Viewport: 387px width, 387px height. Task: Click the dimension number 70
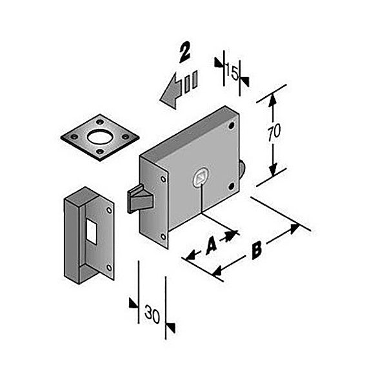274,133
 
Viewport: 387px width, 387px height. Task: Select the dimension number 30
152,314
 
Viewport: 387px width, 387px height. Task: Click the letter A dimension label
212,244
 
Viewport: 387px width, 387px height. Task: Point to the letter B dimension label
257,250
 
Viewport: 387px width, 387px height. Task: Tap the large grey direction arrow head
170,92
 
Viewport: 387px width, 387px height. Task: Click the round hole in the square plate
100,137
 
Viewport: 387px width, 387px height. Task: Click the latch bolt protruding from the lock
140,199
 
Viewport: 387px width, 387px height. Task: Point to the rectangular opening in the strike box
92,232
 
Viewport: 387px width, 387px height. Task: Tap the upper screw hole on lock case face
232,126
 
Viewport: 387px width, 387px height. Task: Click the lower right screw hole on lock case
232,186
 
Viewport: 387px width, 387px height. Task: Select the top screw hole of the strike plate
109,210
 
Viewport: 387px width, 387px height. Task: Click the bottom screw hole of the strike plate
109,268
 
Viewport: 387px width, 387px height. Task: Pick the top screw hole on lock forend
163,179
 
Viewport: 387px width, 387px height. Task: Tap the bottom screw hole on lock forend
163,237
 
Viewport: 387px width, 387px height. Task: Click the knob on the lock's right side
242,168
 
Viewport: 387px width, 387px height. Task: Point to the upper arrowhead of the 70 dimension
272,99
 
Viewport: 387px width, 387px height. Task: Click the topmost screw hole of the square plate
100,122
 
